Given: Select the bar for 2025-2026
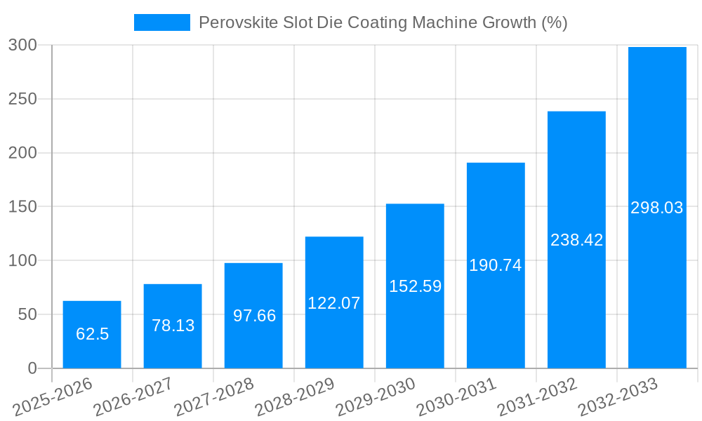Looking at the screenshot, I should click(92, 351).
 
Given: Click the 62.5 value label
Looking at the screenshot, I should click(92, 334).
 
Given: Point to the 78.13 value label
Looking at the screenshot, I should click(173, 326).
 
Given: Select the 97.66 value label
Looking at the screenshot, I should click(254, 316).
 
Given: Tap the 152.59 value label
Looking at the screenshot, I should click(415, 286).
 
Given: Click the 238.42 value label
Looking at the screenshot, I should click(576, 240).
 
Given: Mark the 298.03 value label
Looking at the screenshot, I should click(657, 208).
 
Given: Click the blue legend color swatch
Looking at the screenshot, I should click(162, 22).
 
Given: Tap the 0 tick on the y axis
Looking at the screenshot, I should click(32, 368).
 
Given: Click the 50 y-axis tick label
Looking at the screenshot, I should click(27, 314).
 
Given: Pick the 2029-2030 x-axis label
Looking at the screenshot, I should click(376, 397).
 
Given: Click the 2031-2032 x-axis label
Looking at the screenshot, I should click(538, 397).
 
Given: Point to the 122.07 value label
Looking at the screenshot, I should click(334, 303).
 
